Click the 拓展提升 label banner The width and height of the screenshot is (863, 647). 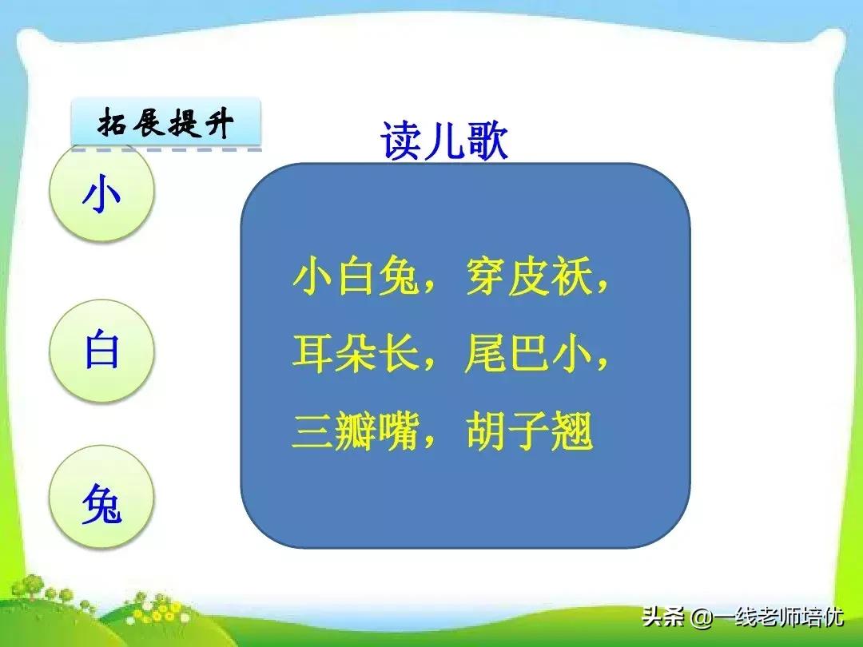click(x=166, y=124)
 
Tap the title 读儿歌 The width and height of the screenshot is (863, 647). click(x=444, y=142)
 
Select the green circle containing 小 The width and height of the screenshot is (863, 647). click(x=101, y=195)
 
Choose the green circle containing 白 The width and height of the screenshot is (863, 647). click(x=101, y=351)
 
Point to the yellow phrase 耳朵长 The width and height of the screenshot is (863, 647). click(x=356, y=356)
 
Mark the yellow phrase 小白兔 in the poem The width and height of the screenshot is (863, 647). click(x=356, y=279)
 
